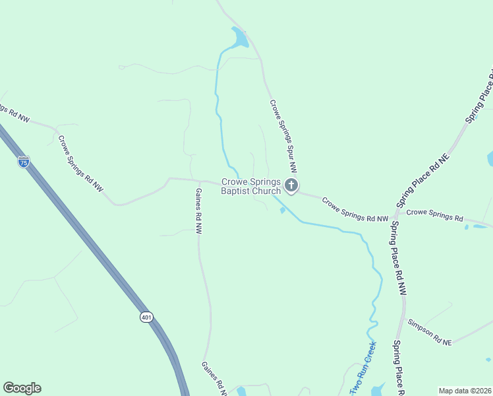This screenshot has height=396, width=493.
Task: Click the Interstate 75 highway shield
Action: click(x=24, y=162)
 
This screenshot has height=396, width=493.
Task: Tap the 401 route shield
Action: click(x=146, y=317)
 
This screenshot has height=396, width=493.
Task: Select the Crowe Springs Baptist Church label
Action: click(x=251, y=187)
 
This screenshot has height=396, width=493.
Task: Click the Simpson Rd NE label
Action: click(x=430, y=333)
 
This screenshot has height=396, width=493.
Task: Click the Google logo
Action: click(x=22, y=388)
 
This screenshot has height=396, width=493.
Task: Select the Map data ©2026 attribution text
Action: click(x=465, y=391)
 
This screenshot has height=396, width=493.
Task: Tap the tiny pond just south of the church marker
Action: click(x=283, y=211)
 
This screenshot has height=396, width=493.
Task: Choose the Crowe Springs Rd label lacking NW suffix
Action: click(x=435, y=215)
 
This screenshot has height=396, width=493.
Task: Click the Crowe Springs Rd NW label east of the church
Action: click(x=355, y=209)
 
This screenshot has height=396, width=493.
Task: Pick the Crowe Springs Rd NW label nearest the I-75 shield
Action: click(x=81, y=164)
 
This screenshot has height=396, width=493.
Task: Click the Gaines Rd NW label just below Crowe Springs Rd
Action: click(x=198, y=211)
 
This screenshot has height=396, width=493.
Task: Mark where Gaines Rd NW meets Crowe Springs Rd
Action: click(x=200, y=181)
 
